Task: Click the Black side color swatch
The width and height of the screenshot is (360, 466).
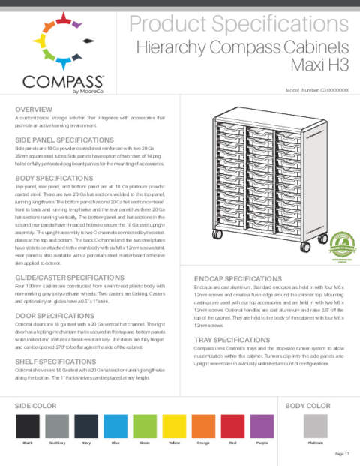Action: pyautogui.click(x=28, y=427)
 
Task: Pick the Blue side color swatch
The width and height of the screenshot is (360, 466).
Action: pyautogui.click(x=116, y=427)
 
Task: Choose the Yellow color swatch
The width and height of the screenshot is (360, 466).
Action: pyautogui.click(x=175, y=427)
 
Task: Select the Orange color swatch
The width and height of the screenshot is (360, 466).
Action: pyautogui.click(x=203, y=427)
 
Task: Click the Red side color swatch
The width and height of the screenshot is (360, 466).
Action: pyautogui.click(x=232, y=427)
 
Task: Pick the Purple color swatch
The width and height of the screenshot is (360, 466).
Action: pyautogui.click(x=262, y=427)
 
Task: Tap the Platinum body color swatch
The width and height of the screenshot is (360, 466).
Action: pyautogui.click(x=316, y=427)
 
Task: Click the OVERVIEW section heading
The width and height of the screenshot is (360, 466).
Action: pyautogui.click(x=34, y=110)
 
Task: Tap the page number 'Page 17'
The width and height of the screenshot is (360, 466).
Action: pyautogui.click(x=342, y=454)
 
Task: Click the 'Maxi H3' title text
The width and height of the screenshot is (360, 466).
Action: pyautogui.click(x=326, y=66)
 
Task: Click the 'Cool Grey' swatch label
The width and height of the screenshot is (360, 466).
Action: pyautogui.click(x=58, y=444)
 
